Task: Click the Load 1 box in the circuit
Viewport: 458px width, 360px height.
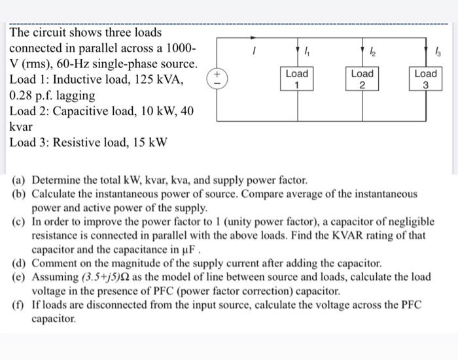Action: pyautogui.click(x=296, y=79)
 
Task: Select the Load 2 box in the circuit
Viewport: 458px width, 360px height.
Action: pyautogui.click(x=362, y=79)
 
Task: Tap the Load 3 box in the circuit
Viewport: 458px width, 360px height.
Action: pyautogui.click(x=425, y=79)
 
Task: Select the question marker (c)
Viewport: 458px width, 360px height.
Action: pyautogui.click(x=20, y=222)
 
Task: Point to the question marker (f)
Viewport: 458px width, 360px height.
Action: pyautogui.click(x=20, y=306)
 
